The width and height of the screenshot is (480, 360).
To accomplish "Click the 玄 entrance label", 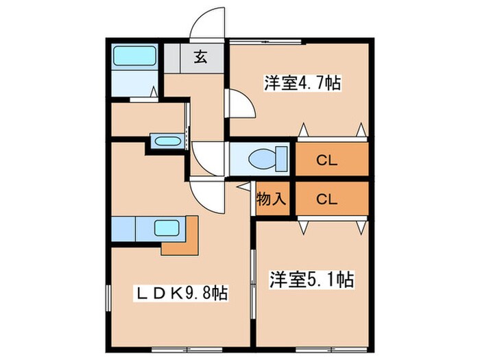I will (x=202, y=58).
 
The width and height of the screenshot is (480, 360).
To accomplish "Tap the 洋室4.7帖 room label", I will (x=302, y=84).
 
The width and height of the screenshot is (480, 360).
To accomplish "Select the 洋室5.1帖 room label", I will (x=311, y=280).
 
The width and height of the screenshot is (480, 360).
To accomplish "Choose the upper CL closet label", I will (x=327, y=161).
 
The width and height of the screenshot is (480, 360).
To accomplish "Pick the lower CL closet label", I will (x=327, y=200).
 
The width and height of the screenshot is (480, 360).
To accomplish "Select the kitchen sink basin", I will (x=167, y=228).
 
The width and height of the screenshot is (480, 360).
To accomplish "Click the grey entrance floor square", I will (x=202, y=58).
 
